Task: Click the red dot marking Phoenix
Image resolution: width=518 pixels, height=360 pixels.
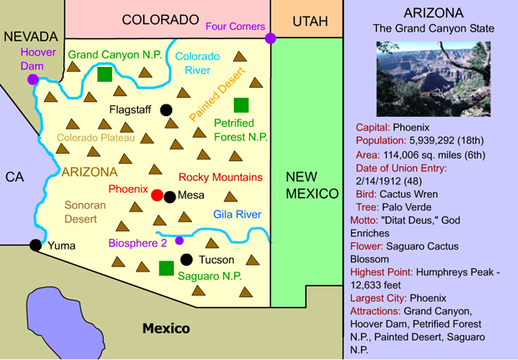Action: (157, 195)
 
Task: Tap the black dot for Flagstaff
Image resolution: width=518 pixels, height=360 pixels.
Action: (167, 109)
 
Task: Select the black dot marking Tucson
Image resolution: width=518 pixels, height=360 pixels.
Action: (186, 259)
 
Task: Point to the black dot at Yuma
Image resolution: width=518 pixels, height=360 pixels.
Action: (35, 245)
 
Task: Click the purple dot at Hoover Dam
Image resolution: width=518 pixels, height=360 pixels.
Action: (33, 79)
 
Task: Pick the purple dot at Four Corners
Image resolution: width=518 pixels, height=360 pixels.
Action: (271, 38)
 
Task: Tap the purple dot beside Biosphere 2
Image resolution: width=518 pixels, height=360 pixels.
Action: (179, 241)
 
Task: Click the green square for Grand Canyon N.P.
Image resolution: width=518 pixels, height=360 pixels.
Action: (104, 74)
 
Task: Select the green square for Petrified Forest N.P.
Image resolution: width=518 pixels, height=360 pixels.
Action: (241, 104)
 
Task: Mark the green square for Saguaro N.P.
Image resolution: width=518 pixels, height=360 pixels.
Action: (166, 268)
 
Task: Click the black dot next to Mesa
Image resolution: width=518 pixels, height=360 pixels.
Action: (170, 196)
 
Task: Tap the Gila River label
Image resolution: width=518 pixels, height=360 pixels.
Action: (237, 215)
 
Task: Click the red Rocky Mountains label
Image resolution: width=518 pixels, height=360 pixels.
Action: (221, 177)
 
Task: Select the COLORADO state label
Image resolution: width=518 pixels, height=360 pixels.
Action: (160, 19)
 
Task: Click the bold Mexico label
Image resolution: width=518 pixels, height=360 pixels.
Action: (165, 328)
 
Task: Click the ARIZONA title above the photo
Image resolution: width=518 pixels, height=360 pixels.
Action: (434, 13)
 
